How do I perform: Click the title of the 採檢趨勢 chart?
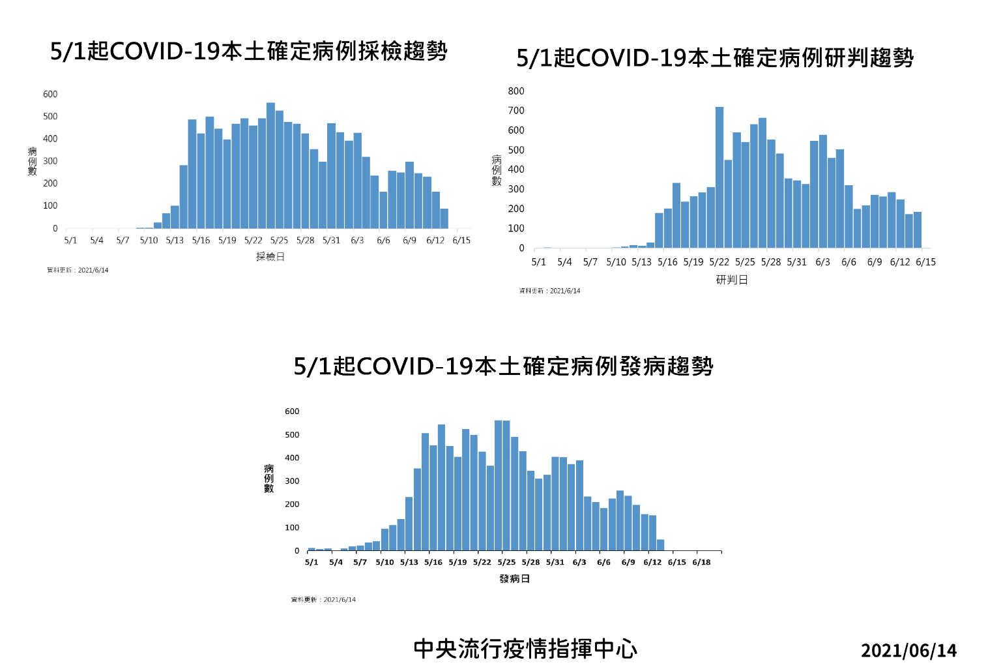249,51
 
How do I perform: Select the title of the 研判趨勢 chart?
715,58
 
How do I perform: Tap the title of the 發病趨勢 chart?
503,366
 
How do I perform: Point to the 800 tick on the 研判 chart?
516,91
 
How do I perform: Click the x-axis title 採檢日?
270,257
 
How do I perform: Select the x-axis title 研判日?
732,280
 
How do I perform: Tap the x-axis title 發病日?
514,579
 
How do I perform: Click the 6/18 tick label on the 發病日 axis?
701,562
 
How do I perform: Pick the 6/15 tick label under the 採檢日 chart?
461,241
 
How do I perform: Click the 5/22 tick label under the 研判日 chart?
719,262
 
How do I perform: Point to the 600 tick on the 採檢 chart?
50,95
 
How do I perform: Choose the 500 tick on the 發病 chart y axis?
292,435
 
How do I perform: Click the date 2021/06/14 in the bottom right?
908,651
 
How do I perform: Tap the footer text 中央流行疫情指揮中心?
525,649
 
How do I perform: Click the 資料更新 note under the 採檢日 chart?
78,271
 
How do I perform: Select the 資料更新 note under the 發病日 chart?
323,600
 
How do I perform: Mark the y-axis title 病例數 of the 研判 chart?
497,170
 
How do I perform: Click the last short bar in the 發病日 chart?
661,545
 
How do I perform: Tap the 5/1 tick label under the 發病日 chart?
312,562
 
